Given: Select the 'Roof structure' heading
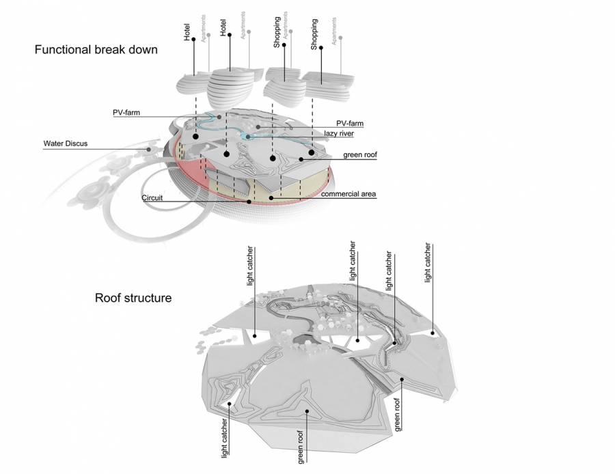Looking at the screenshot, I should coord(133,298).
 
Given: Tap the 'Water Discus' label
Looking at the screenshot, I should coord(66,143).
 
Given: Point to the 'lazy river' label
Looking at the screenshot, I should coord(343,134).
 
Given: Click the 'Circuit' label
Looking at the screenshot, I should coord(152,197).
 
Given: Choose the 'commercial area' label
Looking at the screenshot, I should coord(349,194).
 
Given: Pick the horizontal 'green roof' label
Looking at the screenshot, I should coord(360,155).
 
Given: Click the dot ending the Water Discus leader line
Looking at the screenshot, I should coord(148,148).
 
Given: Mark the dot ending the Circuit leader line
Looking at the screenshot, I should coord(249,201).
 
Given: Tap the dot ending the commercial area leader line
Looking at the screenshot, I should coord(271,198).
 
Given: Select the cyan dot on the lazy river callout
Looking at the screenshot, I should coord(248,138).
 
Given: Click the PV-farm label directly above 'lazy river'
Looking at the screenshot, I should coord(350,123).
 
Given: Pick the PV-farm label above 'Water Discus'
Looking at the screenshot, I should coord(126,112).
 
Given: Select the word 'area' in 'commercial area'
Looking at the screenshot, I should coord(367,194).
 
